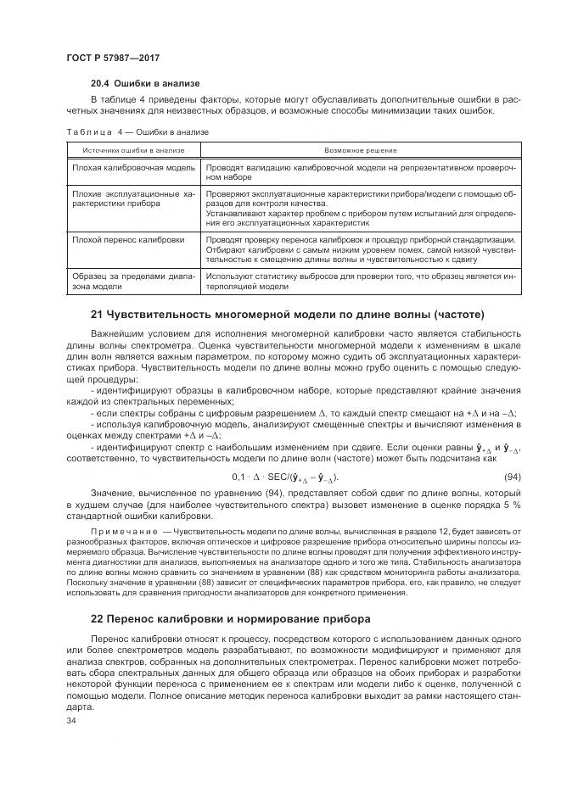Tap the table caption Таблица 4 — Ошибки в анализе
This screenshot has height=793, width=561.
pos(137,131)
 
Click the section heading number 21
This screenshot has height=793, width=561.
pos(96,314)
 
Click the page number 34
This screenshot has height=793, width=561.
pos(71,721)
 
